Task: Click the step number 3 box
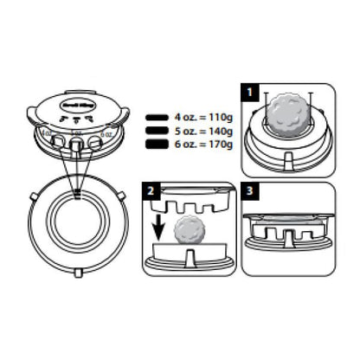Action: pos(250,189)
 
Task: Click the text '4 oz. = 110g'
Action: pos(202,115)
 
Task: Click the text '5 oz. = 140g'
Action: pos(202,131)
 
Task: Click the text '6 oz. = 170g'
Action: pos(202,146)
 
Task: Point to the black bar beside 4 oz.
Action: pos(157,115)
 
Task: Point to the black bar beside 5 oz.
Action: pos(157,131)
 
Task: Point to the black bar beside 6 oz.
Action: pos(157,146)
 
